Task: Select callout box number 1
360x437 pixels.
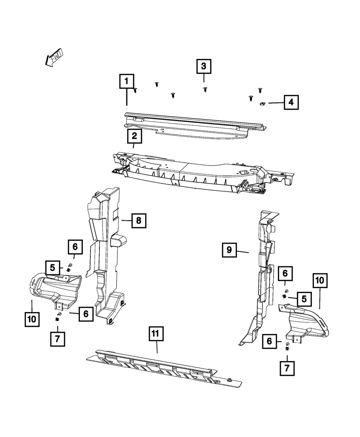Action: [x=126, y=81]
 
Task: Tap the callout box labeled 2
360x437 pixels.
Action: [x=134, y=136]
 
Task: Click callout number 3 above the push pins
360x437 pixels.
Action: [x=203, y=66]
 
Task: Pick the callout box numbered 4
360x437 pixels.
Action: [x=291, y=103]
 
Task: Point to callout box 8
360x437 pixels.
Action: [x=139, y=220]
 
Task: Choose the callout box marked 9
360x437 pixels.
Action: [x=229, y=250]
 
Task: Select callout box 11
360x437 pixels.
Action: [x=156, y=334]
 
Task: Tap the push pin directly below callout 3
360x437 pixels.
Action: [x=205, y=89]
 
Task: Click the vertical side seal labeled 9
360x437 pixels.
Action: [x=261, y=277]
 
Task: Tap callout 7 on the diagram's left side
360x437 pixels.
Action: [x=58, y=339]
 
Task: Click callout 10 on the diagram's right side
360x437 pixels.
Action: [x=320, y=281]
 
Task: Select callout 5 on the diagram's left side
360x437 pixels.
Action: [x=53, y=267]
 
